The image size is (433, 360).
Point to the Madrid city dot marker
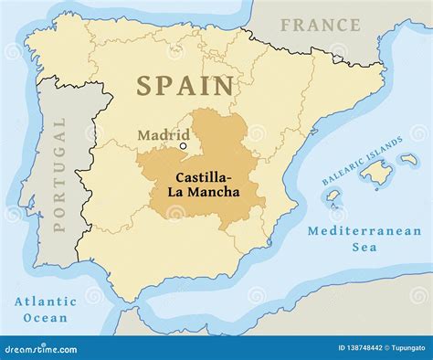coord(183,146)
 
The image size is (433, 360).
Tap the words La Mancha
coord(203,192)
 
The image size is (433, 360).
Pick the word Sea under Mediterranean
coord(364,248)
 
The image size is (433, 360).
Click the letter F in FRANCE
coord(286,25)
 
